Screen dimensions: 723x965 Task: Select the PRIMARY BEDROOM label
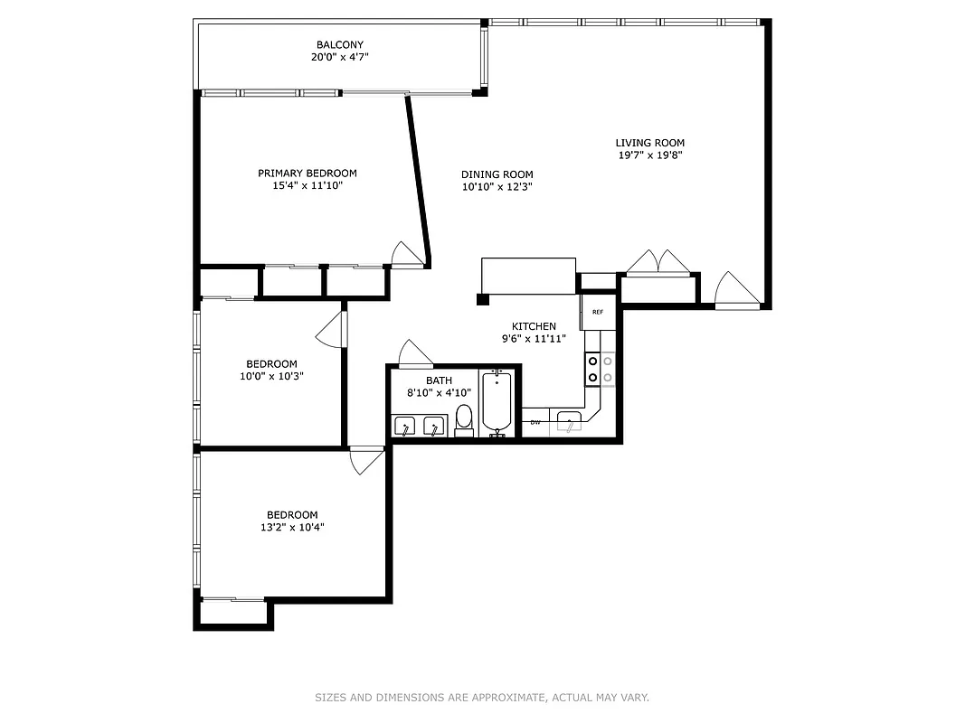tap(307, 174)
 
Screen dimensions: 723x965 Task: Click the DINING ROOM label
tap(497, 175)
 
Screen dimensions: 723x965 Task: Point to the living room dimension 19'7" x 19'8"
tap(649, 155)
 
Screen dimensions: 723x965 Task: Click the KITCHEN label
tap(534, 326)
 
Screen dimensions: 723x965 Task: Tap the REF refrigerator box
tap(598, 312)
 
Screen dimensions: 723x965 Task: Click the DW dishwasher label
tap(535, 422)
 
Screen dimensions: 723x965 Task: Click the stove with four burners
tap(601, 369)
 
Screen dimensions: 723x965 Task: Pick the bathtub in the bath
tap(497, 403)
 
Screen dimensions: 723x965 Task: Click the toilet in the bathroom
tap(463, 420)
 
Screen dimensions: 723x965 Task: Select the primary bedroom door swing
tap(408, 254)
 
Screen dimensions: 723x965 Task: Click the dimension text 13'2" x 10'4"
tap(291, 527)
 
